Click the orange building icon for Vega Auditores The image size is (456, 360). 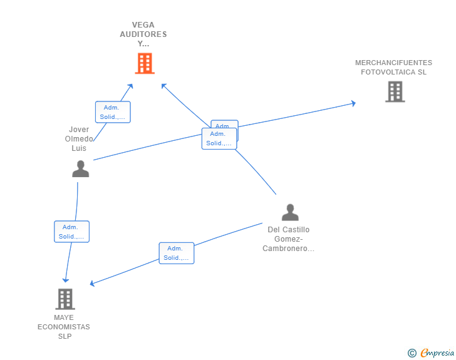point(145,63)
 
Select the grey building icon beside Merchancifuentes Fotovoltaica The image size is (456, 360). point(395,91)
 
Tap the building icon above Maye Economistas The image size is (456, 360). point(65,299)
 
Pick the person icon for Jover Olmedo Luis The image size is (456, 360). point(80,169)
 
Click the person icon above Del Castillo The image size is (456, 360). point(289,212)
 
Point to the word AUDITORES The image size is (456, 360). point(143,34)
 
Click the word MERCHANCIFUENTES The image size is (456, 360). point(393,63)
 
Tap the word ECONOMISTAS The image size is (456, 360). point(63,327)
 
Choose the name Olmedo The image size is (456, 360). point(79,139)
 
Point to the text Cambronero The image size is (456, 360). point(289,249)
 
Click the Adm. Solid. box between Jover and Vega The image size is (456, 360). point(113,112)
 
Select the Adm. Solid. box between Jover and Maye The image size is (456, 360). point(71,232)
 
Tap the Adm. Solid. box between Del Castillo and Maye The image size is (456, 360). point(176,253)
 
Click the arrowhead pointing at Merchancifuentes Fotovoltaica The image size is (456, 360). point(353,103)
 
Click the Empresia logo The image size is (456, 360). point(437,353)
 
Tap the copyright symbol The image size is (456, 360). point(412,353)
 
